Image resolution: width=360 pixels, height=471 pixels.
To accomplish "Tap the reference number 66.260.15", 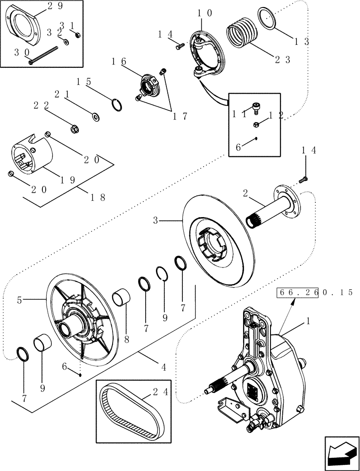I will click(315, 292).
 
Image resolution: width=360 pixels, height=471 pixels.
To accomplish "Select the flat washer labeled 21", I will click(96, 116).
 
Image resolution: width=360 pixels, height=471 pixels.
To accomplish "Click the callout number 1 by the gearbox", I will click(308, 321).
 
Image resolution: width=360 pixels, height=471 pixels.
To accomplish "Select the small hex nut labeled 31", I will click(78, 34).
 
